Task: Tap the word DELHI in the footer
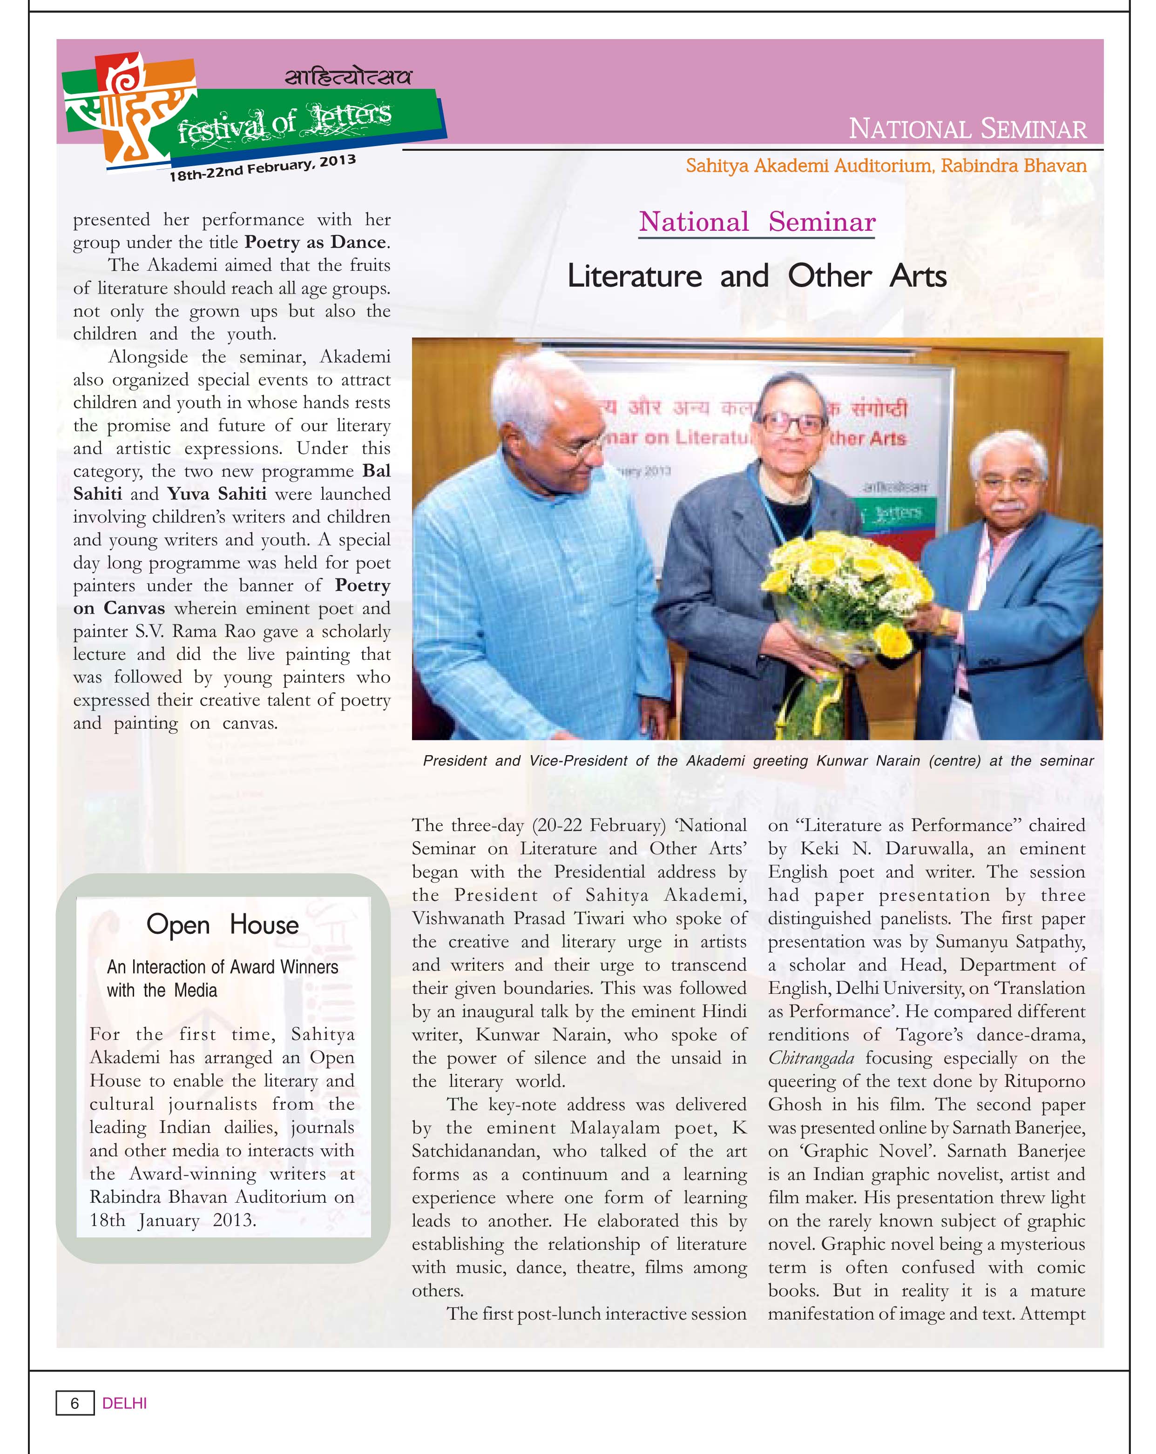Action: coord(124,1403)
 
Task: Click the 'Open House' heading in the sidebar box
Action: coord(222,925)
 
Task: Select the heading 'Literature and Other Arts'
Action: coord(757,276)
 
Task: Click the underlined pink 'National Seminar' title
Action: coord(757,222)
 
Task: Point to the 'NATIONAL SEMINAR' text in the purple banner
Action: coord(967,128)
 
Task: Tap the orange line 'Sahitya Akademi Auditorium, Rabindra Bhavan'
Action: coord(886,165)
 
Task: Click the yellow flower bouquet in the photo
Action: coord(844,580)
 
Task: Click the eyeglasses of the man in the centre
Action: coord(792,423)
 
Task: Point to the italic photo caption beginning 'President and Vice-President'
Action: coord(757,761)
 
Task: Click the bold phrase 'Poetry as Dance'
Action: coord(315,242)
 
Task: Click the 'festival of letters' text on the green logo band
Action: coord(284,121)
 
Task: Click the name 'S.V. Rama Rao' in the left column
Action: coord(196,631)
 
